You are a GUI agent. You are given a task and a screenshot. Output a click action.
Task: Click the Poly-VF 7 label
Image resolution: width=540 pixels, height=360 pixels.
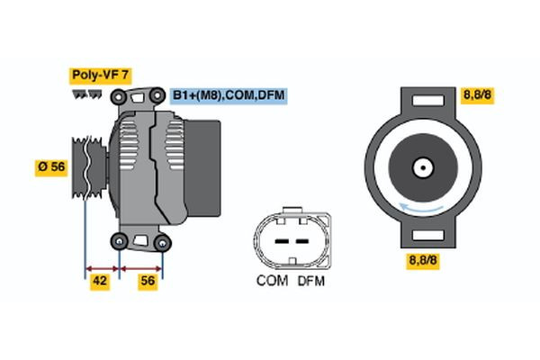[x=99, y=76]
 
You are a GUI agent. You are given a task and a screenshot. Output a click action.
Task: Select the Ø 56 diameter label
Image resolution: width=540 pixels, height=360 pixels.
[x=51, y=168]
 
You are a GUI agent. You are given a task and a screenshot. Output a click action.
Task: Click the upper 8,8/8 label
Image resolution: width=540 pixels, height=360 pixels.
[x=477, y=94]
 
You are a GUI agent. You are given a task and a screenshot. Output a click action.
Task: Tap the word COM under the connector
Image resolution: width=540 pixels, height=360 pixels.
[x=272, y=281]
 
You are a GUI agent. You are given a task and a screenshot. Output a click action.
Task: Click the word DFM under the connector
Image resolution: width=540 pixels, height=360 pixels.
[x=309, y=281]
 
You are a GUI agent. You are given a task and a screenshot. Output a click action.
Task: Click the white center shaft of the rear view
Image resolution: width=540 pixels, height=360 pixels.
[x=421, y=168]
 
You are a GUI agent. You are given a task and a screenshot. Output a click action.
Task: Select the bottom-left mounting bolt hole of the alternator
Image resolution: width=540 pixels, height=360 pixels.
[x=120, y=240]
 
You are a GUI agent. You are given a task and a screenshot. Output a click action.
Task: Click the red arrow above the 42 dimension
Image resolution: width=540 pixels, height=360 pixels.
[x=102, y=267]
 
